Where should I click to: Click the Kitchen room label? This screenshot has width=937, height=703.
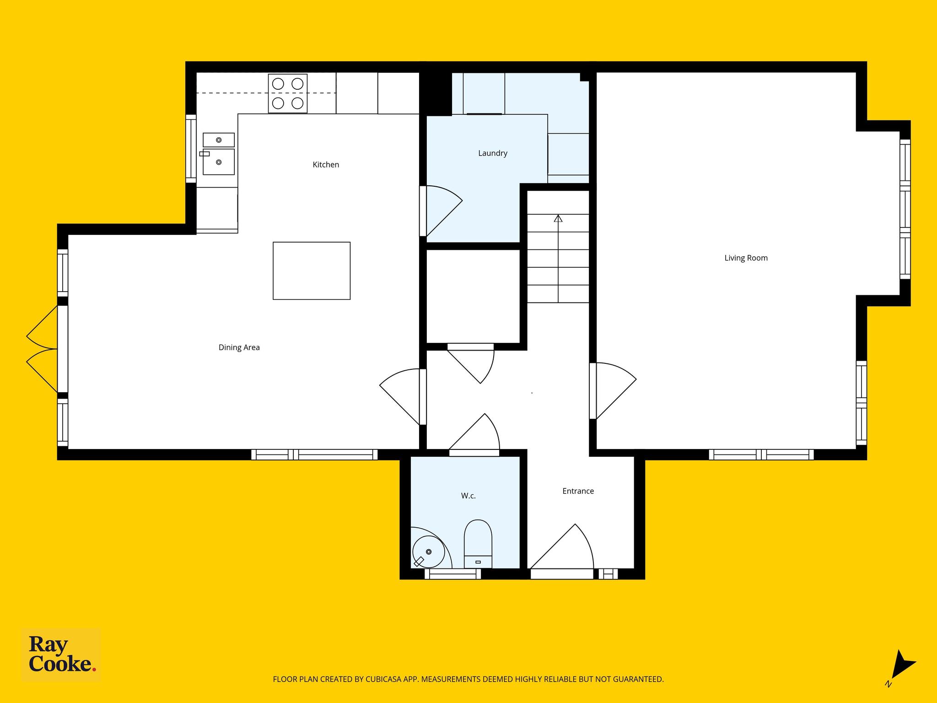click(326, 165)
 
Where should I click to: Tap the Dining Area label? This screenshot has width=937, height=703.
click(239, 347)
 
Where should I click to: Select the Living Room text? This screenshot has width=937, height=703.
click(746, 258)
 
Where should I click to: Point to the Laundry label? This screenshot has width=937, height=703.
click(493, 153)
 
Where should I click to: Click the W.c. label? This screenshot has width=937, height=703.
click(468, 496)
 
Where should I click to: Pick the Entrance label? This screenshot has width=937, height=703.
click(578, 491)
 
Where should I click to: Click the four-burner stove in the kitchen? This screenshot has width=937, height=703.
click(288, 93)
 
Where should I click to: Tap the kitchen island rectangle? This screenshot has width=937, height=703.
click(312, 271)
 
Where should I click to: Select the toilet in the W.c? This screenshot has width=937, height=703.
click(478, 544)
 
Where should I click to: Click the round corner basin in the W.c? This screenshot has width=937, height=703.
click(428, 552)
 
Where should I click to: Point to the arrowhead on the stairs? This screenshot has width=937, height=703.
click(558, 218)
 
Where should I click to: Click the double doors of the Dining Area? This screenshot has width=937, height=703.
click(42, 349)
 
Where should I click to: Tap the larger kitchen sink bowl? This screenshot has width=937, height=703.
click(219, 162)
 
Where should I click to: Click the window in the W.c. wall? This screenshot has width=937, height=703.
click(453, 574)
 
